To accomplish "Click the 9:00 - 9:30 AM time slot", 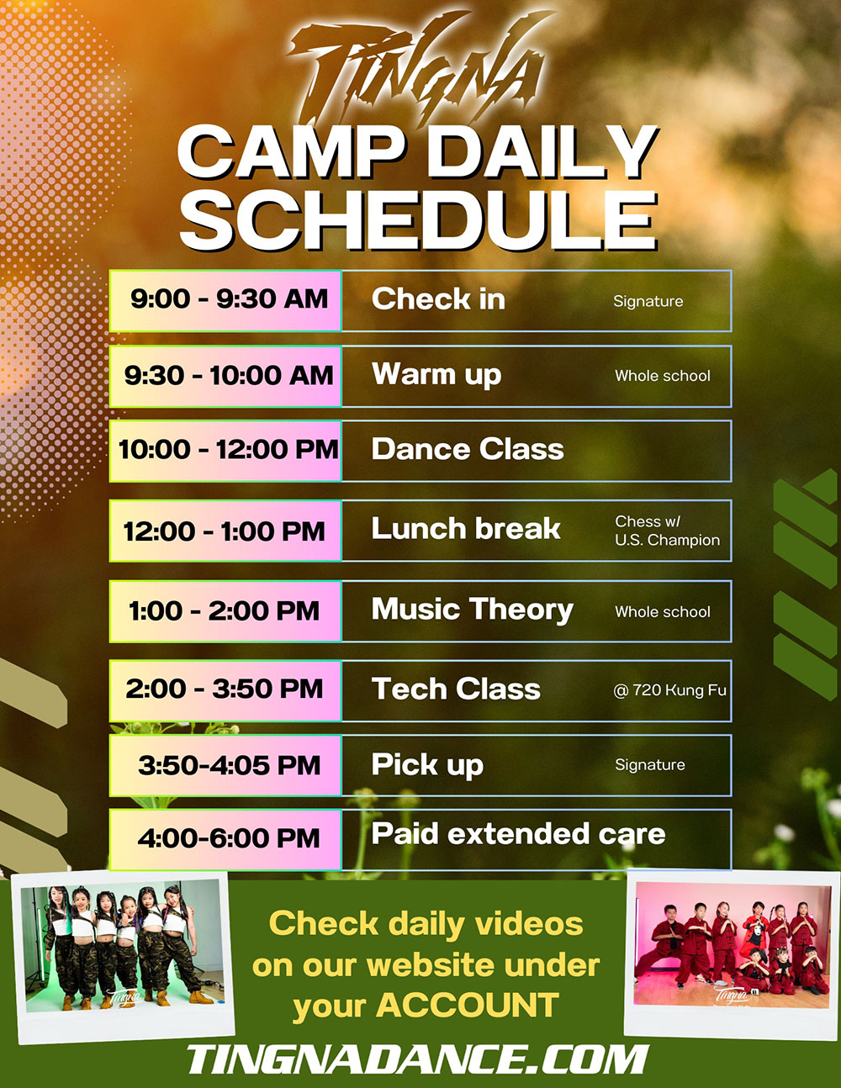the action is click(225, 300).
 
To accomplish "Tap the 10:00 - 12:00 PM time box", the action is click(225, 451).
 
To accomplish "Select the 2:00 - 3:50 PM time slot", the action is click(225, 690).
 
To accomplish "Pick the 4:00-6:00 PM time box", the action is click(225, 840).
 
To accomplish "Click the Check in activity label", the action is click(438, 299).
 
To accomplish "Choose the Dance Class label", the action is click(468, 449).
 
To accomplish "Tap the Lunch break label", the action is click(466, 528).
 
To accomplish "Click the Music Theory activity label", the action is click(472, 610).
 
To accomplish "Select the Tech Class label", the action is click(456, 689).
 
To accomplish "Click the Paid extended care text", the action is click(518, 833).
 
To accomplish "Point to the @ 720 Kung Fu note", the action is click(669, 690).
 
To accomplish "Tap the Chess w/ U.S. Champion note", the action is click(667, 531).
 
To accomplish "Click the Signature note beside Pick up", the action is click(650, 765).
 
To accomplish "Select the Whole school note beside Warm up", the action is click(663, 376).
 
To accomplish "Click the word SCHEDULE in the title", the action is click(419, 219).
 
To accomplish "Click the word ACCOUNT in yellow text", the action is click(468, 1005).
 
